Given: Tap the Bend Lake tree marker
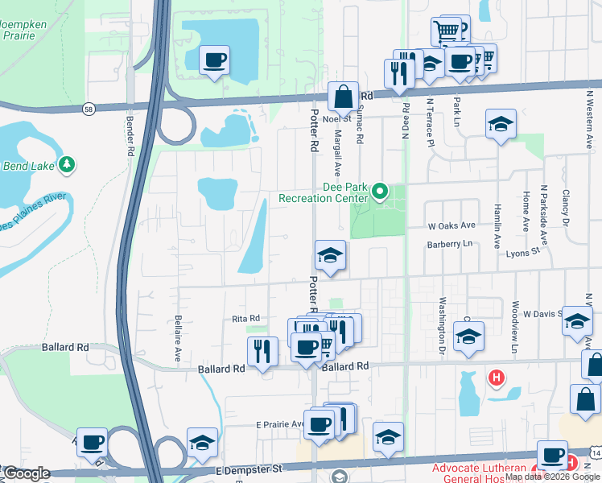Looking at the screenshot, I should pos(68,165).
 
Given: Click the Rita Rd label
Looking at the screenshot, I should pos(245,318).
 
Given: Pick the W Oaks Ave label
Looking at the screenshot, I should pos(452,226).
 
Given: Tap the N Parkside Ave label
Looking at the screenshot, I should pos(544,215).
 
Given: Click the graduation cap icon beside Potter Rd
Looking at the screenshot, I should pos(330,256).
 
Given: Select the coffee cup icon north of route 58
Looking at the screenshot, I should pos(214,60).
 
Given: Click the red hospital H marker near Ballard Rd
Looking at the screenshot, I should pos(497,376).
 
